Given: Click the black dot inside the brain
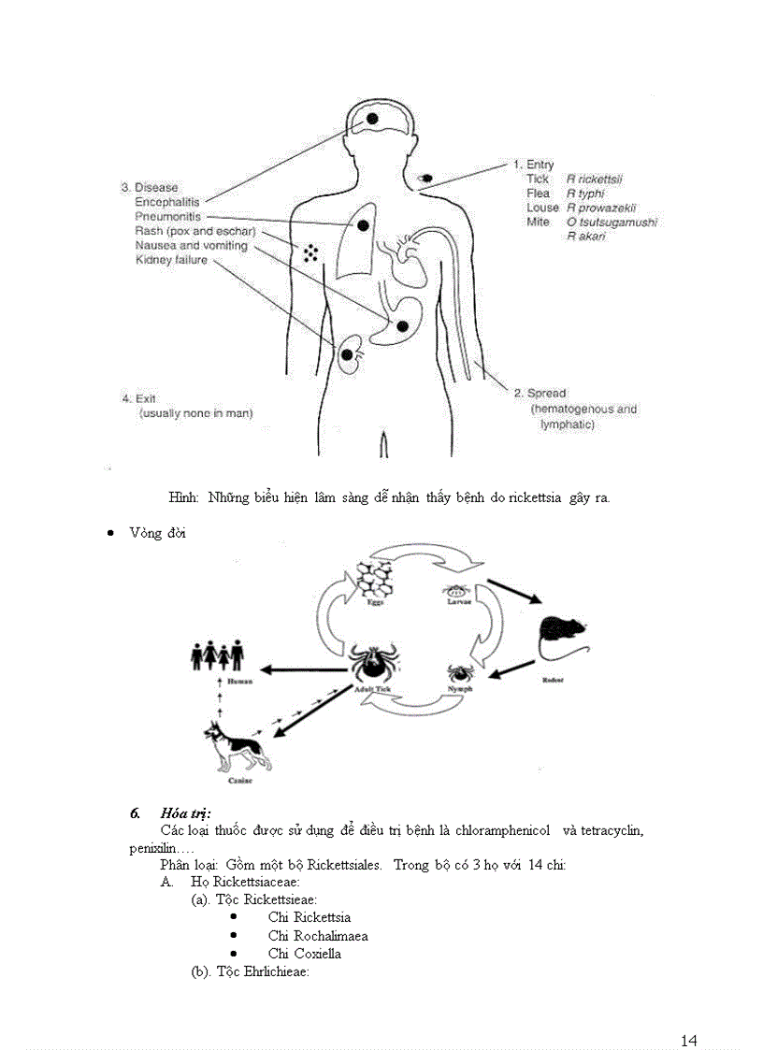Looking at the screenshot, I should [372, 119].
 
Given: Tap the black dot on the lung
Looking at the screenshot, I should [361, 225].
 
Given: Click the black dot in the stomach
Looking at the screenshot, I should [402, 325].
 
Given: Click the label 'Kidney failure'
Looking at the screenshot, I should [171, 260].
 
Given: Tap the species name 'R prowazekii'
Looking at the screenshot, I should [600, 208].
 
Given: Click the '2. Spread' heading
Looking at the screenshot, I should [540, 394].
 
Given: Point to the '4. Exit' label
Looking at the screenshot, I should [138, 398].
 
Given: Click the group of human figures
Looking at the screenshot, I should [217, 655].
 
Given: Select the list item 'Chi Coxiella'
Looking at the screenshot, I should [304, 954].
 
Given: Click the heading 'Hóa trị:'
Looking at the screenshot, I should [185, 813].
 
